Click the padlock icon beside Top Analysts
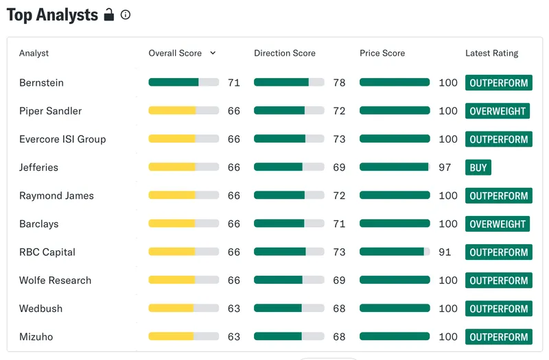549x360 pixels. (109, 14)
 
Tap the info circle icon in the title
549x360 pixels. (126, 14)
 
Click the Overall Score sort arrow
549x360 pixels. (213, 53)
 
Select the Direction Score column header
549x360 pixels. (285, 53)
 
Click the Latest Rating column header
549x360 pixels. (491, 53)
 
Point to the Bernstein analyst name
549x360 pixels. (41, 83)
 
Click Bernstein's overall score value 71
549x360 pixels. (234, 83)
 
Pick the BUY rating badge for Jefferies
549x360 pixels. (478, 167)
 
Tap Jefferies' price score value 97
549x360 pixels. (445, 167)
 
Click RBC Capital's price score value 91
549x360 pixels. (445, 252)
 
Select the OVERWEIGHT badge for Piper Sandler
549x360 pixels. (497, 111)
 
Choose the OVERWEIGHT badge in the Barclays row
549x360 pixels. (497, 224)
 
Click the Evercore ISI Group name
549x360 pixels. (62, 139)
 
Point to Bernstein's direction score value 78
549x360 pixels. (339, 83)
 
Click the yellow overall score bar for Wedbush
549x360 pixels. (171, 308)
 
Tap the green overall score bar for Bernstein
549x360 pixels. (174, 82)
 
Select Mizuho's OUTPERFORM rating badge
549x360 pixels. (499, 337)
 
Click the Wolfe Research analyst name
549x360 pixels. (55, 280)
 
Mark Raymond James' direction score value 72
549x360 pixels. (339, 196)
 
